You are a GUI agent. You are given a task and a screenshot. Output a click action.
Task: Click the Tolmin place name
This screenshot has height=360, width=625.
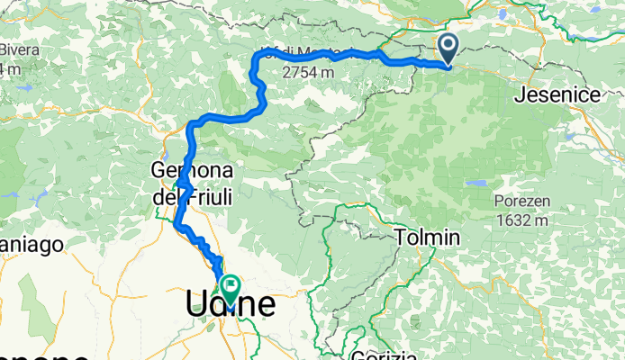[428, 238]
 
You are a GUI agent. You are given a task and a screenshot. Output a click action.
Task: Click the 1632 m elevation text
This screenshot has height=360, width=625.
[521, 219]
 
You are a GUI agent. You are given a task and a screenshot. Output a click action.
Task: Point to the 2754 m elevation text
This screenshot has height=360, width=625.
[309, 71]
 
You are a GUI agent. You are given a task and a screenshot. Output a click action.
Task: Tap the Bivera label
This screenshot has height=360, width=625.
[19, 50]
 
